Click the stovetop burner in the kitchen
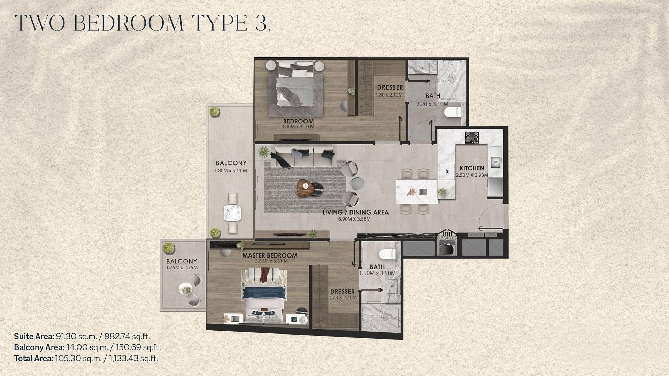(x=472, y=137)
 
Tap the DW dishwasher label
(x=447, y=171)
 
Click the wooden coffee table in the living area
(x=304, y=189)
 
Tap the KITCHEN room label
(x=472, y=168)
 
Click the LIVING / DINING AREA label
(x=355, y=212)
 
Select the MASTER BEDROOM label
(x=270, y=255)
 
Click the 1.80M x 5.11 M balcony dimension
(x=231, y=171)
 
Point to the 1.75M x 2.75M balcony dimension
(x=182, y=268)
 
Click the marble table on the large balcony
(x=232, y=213)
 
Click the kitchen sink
(x=495, y=161)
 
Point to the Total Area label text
(x=33, y=358)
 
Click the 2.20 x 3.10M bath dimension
(x=432, y=104)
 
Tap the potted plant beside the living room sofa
(x=263, y=152)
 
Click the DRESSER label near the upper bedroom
(x=390, y=87)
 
